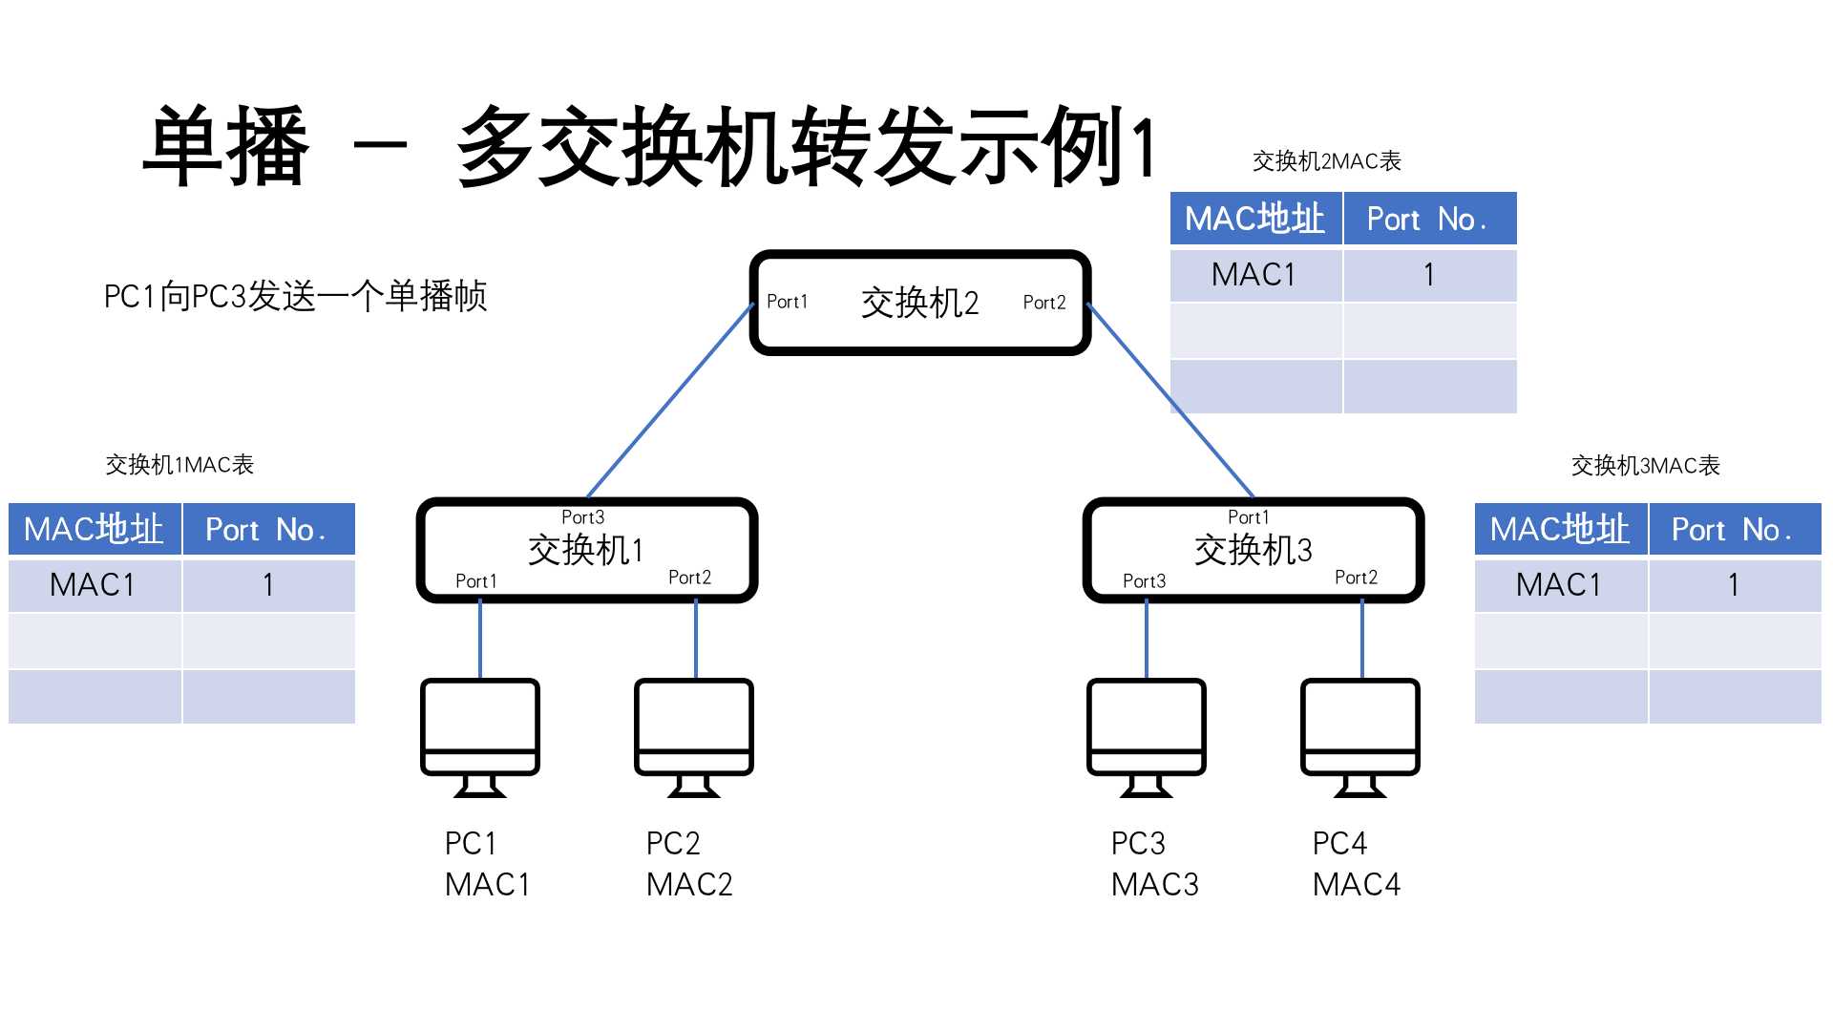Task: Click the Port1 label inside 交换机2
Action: [x=787, y=302]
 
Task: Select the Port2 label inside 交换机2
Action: [x=1043, y=303]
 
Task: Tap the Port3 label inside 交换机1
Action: [x=582, y=517]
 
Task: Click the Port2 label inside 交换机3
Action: [x=1356, y=578]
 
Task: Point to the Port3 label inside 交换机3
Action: [x=1144, y=581]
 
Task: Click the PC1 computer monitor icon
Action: [x=480, y=735]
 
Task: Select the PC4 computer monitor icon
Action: [x=1360, y=735]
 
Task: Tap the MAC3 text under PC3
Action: [x=1154, y=885]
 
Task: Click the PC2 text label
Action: [x=673, y=844]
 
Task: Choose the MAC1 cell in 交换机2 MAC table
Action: [x=1254, y=275]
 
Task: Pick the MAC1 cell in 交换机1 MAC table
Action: [x=93, y=585]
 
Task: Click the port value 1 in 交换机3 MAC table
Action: [x=1733, y=585]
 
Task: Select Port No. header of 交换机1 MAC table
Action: [x=266, y=530]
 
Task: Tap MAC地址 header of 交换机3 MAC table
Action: [x=1559, y=530]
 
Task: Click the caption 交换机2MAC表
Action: [x=1326, y=161]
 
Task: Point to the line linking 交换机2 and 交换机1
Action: [x=671, y=401]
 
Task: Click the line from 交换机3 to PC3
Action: [x=1147, y=640]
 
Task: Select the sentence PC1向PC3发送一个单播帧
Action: [x=295, y=296]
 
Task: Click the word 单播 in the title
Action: [x=227, y=147]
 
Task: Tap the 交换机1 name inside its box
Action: [x=585, y=550]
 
